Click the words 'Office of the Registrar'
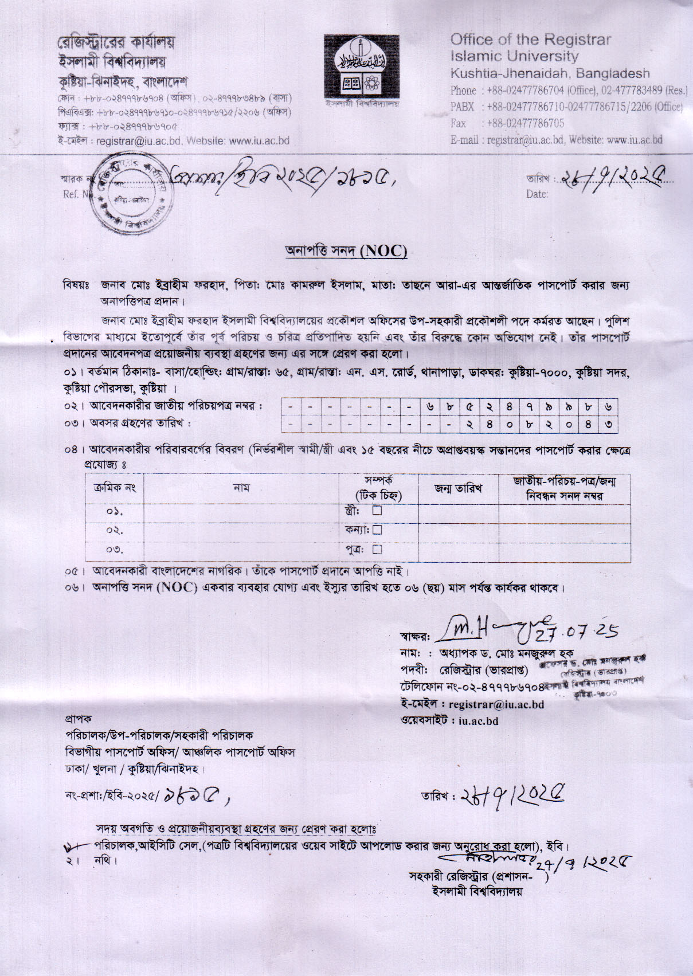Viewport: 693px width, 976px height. pos(530,40)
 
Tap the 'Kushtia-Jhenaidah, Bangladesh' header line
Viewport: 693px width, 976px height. pos(550,73)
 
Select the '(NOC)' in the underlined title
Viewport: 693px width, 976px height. pos(383,251)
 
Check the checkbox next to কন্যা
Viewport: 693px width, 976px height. pos(377,530)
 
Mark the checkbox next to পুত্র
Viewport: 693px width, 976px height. pos(377,549)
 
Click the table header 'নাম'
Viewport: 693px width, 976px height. pos(241,488)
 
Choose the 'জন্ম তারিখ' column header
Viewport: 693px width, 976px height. pos(458,488)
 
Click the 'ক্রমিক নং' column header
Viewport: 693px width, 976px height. pos(114,488)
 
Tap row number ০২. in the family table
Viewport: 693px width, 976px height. pos(115,530)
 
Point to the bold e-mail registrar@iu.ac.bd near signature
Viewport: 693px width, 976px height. pos(496,704)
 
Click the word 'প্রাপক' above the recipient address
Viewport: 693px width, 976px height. pos(78,719)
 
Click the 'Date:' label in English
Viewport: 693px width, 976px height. pos(537,194)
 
